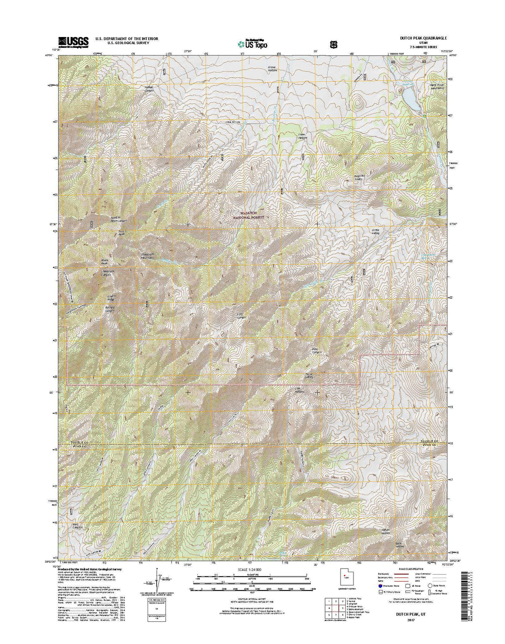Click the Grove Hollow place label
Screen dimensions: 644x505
click(x=273, y=68)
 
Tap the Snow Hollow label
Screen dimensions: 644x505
click(x=303, y=136)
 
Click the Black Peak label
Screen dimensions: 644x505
click(x=104, y=263)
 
